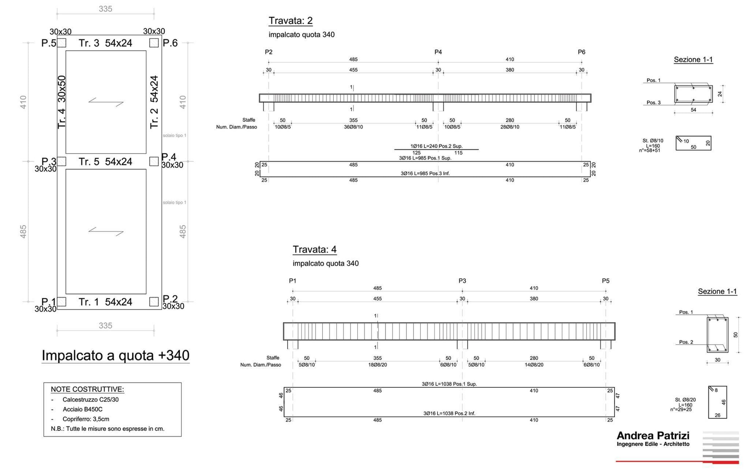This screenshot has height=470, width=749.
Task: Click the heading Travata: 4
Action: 314,249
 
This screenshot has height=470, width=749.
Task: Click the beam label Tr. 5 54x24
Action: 105,162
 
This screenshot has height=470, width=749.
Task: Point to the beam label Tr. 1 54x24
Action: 105,302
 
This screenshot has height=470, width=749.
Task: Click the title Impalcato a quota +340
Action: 115,355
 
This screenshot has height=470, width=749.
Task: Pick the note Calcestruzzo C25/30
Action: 90,399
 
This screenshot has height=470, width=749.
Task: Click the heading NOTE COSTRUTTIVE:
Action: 87,389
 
